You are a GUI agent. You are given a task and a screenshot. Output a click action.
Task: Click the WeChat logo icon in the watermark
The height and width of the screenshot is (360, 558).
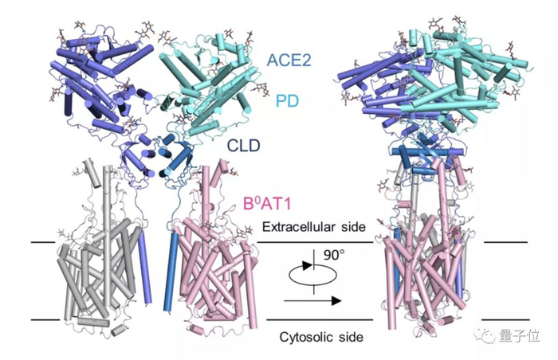point(490,336)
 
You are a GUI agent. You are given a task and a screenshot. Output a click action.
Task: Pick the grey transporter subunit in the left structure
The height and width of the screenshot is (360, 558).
point(96,247)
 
